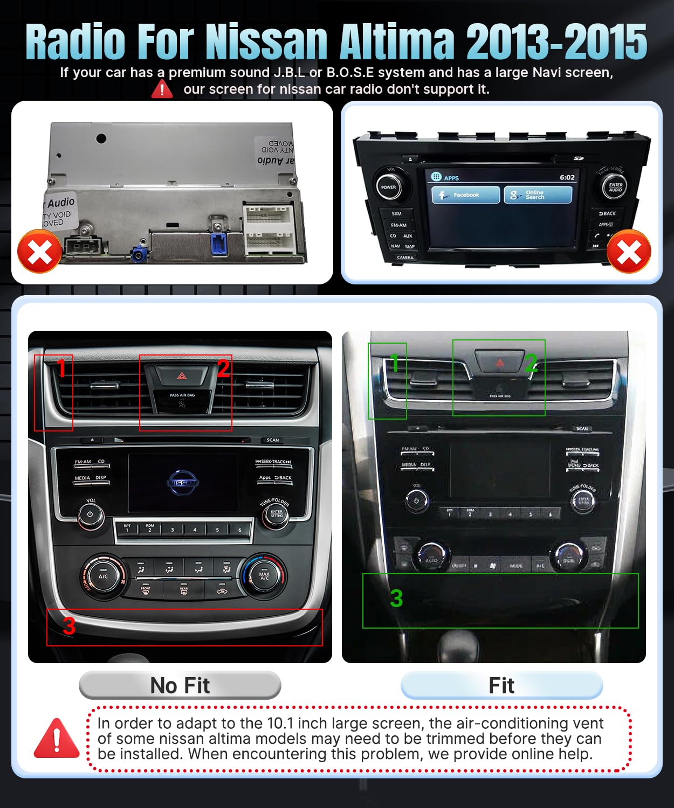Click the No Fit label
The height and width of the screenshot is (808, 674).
click(180, 685)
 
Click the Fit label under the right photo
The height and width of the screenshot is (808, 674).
click(501, 685)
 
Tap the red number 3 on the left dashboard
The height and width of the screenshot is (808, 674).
click(69, 626)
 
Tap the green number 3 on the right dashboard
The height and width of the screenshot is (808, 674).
click(396, 598)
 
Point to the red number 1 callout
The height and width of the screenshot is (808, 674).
click(61, 369)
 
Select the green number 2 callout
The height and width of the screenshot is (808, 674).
click(531, 363)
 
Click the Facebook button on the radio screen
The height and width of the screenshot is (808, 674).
click(465, 195)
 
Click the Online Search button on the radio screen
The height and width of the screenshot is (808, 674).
click(538, 195)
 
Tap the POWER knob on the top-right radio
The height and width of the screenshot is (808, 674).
click(388, 187)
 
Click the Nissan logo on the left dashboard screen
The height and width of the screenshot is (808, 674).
click(183, 483)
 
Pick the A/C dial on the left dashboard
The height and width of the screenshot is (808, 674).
click(103, 576)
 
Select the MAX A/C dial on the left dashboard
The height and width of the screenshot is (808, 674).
click(264, 575)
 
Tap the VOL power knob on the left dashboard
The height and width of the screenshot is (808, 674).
click(90, 514)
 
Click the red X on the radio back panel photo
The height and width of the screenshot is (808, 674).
click(39, 252)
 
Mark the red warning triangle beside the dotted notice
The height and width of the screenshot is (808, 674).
click(57, 738)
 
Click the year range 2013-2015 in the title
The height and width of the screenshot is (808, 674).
click(556, 42)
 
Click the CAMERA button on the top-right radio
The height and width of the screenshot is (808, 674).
click(405, 257)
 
